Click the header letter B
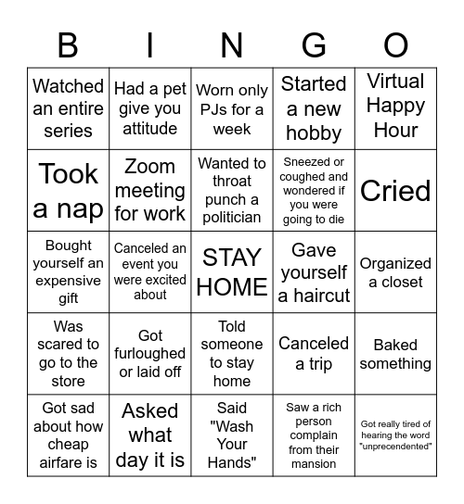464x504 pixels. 68,45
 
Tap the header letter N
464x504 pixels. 232,45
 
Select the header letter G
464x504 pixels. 314,45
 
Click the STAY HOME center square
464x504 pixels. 232,272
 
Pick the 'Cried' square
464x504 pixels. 395,191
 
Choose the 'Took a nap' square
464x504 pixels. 68,191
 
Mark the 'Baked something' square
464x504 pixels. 395,354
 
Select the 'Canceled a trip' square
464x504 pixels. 314,354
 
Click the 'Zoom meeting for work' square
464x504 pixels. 150,191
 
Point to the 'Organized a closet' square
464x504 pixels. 395,272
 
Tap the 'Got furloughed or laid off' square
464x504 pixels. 150,354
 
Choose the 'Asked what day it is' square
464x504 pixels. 150,435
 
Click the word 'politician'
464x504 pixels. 232,218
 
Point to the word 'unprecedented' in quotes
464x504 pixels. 395,447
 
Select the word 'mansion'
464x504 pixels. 314,463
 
